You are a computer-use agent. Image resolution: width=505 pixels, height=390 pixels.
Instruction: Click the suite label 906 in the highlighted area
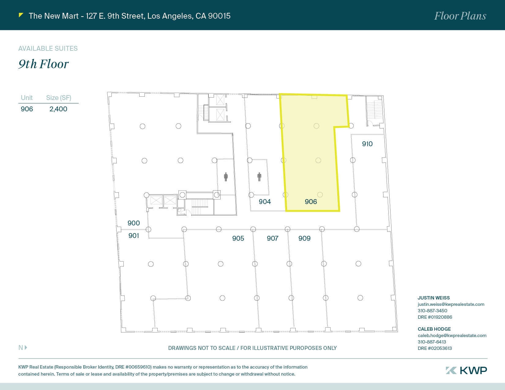tap(311, 202)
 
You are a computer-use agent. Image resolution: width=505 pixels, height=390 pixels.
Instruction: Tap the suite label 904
tap(265, 202)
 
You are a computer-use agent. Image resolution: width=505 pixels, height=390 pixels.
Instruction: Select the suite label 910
tap(367, 144)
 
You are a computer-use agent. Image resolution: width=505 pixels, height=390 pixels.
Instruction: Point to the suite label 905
tap(238, 238)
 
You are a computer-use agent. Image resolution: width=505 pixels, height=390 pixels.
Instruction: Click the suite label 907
tap(272, 238)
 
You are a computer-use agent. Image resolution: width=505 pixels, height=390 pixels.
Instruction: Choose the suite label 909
tap(305, 238)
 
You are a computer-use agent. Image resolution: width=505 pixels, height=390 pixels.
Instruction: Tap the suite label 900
tap(134, 223)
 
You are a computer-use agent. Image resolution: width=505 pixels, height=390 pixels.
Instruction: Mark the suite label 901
tap(134, 236)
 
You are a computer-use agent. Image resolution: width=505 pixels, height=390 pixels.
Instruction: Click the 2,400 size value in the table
tap(58, 109)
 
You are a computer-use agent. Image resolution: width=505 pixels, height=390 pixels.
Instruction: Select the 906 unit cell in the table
tap(27, 109)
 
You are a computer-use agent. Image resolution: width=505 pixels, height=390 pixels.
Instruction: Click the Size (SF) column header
tap(58, 98)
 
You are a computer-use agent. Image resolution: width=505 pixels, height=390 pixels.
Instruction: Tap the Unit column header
tap(27, 98)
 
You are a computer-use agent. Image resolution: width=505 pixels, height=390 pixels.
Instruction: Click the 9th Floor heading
tap(43, 64)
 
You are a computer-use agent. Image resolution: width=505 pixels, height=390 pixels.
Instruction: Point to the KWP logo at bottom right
tap(466, 370)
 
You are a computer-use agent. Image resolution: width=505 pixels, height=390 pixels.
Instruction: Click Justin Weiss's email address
tap(451, 304)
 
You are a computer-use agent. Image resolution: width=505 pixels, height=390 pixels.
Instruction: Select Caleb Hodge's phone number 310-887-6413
tap(432, 342)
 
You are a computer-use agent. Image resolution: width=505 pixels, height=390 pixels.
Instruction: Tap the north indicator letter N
tap(21, 347)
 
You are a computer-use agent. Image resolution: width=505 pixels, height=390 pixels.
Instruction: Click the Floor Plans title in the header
tap(460, 16)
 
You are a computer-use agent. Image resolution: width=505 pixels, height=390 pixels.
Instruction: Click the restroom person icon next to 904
tap(260, 177)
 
